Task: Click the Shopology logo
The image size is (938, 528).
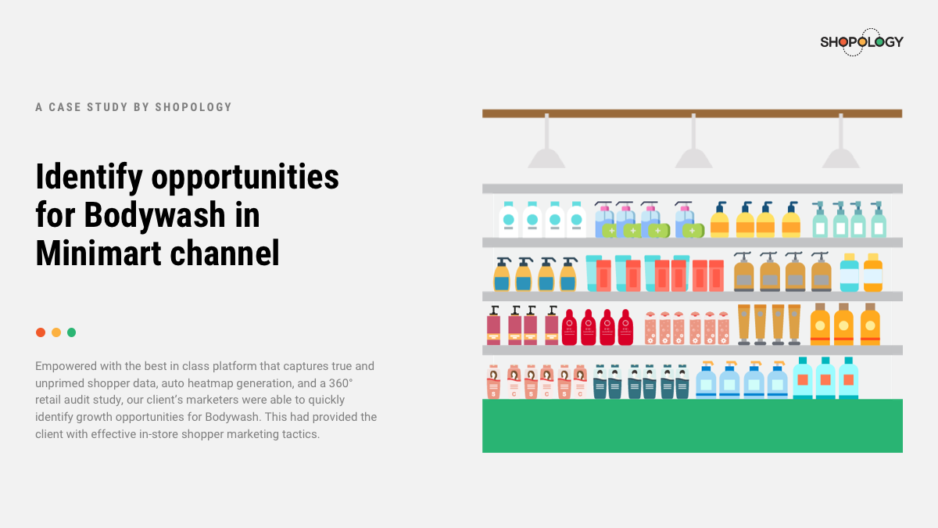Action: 861,42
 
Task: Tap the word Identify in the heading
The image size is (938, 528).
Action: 89,178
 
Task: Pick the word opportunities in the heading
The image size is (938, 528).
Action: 245,178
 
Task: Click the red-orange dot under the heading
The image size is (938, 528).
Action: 41,332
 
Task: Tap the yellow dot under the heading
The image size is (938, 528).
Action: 56,332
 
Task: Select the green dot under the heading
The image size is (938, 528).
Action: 72,332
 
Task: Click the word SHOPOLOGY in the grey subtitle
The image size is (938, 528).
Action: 194,107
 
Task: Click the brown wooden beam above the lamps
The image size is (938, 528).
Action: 693,113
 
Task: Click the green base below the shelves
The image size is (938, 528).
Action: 693,426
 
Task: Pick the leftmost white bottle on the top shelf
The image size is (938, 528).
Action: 508,220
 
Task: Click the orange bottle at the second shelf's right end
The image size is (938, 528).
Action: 873,272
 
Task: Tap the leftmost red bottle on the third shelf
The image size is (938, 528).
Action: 570,327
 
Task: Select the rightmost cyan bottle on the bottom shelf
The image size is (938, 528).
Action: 848,378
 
